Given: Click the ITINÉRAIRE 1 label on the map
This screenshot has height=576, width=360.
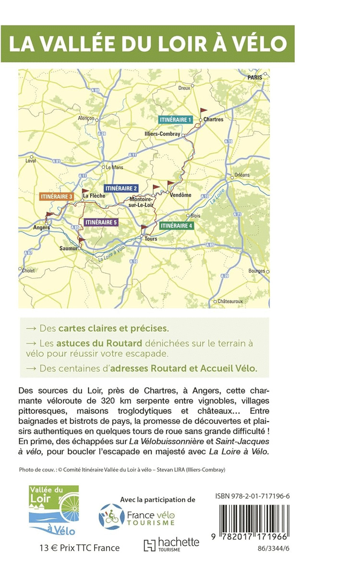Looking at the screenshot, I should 176,119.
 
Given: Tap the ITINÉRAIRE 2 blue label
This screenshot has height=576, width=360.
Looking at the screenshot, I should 121,188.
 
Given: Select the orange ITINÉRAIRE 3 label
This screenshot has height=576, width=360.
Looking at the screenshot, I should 56,197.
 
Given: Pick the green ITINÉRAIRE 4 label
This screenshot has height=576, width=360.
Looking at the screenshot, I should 176,225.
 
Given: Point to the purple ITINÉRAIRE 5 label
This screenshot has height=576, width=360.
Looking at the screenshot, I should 100,222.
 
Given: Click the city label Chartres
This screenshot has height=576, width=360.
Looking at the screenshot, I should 213,120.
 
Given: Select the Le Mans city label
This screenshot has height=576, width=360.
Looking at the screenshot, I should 114,167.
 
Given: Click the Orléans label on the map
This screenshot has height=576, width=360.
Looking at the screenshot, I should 242,175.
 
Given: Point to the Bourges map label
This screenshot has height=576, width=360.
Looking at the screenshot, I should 257,271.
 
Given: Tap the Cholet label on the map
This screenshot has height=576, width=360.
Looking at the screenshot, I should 28,271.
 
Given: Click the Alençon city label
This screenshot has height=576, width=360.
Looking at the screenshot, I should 86,118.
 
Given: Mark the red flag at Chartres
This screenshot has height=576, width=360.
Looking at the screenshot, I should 204,110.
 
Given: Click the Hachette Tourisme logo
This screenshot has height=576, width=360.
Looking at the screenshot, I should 171,544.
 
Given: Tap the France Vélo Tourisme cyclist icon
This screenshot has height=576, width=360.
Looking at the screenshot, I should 112,516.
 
